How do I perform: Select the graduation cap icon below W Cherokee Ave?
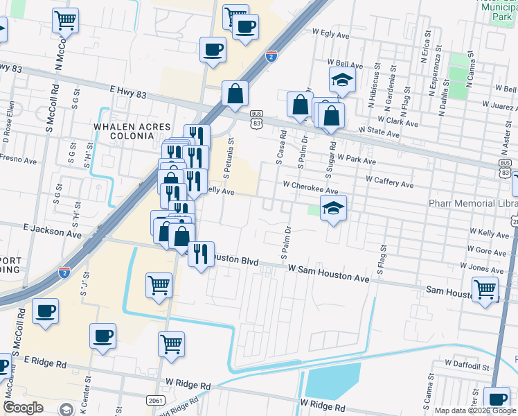point(333,208)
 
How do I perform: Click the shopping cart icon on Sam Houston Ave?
point(485,288)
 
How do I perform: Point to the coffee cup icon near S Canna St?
point(497,399)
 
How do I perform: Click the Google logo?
point(23,408)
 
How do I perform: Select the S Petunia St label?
point(226,156)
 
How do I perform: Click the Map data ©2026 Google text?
point(475,410)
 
